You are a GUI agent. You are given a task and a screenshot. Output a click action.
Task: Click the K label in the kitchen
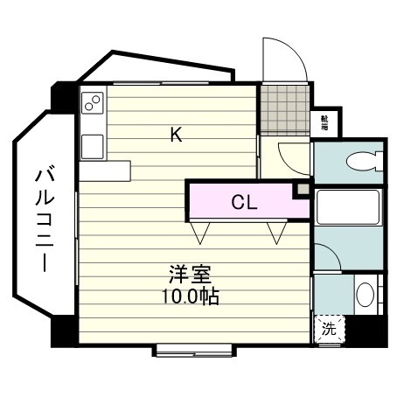176,134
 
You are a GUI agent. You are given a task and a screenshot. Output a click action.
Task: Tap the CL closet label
244,202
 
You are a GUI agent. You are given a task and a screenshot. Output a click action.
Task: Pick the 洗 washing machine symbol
328,330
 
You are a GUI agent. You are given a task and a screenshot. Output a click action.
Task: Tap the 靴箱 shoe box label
324,122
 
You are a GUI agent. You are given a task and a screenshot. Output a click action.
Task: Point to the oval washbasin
366,293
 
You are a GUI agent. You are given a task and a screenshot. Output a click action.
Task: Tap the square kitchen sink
92,144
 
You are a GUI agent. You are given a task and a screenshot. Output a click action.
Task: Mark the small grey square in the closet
302,189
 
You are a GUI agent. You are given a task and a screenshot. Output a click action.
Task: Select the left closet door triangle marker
202,232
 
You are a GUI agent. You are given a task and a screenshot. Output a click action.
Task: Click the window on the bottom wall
193,351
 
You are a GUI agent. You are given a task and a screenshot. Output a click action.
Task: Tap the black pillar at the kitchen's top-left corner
64,95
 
